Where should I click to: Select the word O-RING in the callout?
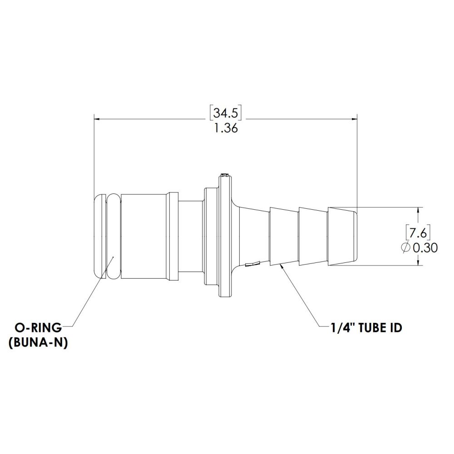(38, 327)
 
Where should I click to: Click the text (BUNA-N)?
(38, 343)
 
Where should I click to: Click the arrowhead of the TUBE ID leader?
(283, 266)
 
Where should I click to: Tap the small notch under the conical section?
(252, 263)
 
